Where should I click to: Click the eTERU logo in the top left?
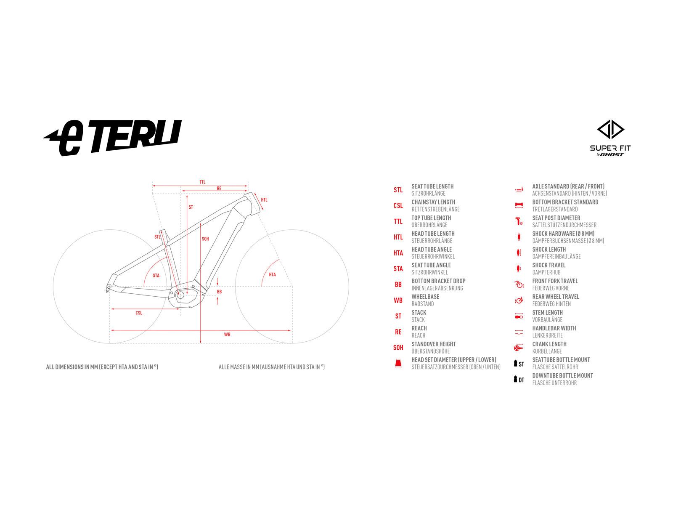click(x=113, y=137)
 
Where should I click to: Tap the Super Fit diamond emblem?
click(x=610, y=130)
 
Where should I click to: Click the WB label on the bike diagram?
click(x=227, y=335)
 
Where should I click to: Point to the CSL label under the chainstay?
click(x=139, y=313)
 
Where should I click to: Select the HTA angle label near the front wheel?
click(x=272, y=274)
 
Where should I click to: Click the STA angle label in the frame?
click(x=156, y=276)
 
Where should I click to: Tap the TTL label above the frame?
click(x=202, y=182)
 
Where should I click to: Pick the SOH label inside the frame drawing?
click(x=205, y=239)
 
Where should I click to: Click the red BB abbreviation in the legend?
click(x=398, y=284)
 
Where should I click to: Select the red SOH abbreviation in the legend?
click(x=398, y=348)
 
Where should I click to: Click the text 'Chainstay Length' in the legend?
click(x=433, y=202)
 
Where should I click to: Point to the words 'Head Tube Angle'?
click(x=432, y=250)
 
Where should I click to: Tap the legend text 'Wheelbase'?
click(x=425, y=297)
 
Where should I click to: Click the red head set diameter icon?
click(x=398, y=363)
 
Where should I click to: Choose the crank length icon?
click(x=519, y=348)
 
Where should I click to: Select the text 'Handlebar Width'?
click(x=554, y=328)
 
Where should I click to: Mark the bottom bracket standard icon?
click(x=519, y=205)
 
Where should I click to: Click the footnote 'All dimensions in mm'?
click(x=102, y=367)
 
